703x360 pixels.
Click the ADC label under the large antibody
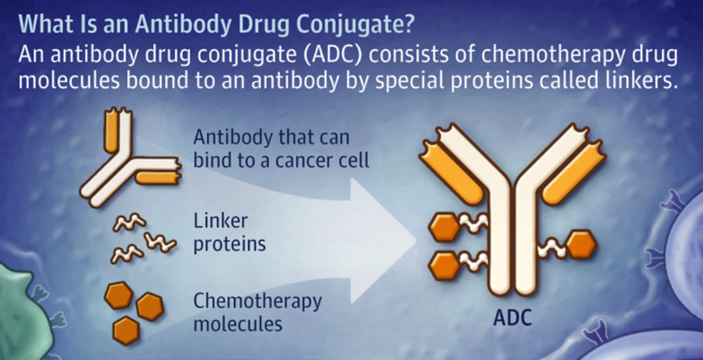(512, 318)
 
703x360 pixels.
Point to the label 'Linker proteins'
(230, 232)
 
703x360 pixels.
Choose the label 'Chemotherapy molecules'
(257, 312)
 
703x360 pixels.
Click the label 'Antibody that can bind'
(281, 148)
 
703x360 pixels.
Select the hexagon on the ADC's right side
(582, 244)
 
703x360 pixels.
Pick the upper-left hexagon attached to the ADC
(444, 227)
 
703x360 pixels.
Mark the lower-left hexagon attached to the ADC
(444, 266)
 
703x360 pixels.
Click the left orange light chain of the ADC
(451, 172)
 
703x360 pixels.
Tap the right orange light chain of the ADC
(575, 172)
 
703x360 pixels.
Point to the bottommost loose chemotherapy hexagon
(126, 330)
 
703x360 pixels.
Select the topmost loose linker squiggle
(130, 223)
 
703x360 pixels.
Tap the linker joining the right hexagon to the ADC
(552, 248)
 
